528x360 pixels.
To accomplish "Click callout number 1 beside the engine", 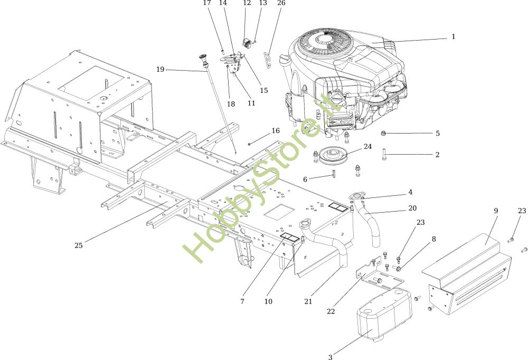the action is click(453, 36).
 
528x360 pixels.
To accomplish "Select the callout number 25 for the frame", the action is click(79, 245).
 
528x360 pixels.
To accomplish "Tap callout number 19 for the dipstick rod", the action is click(161, 69).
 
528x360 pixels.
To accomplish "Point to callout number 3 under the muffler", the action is click(331, 357).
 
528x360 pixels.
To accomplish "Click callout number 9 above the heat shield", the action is click(496, 211).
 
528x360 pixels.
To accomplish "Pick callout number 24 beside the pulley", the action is click(367, 147).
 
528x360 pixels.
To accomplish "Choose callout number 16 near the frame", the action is click(276, 131).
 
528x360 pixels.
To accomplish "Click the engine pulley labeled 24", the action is click(331, 156).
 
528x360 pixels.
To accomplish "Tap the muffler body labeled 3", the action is click(384, 313).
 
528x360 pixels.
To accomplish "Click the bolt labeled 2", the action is click(384, 154).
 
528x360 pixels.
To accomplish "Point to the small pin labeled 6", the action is click(333, 175).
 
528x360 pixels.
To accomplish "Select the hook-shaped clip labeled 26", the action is click(267, 59).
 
